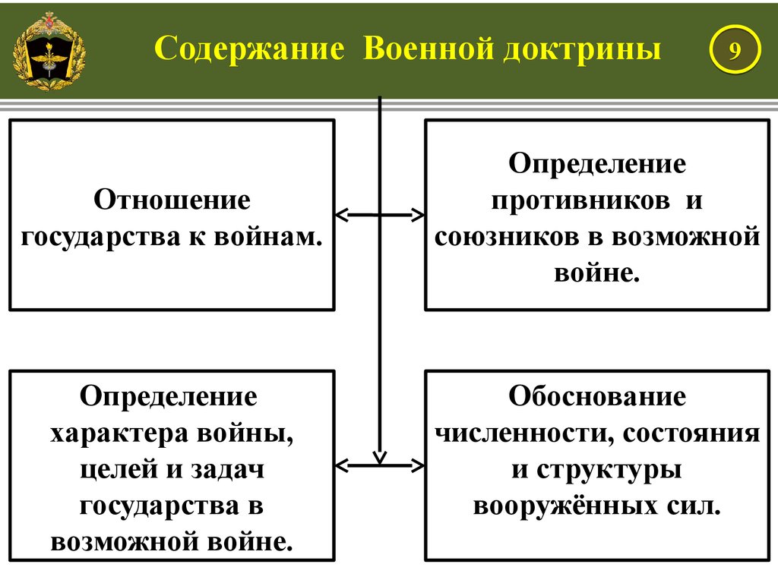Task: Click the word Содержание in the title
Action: (249, 49)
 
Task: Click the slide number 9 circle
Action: (735, 49)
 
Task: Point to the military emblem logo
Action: (49, 51)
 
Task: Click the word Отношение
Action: (172, 200)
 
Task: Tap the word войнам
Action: (268, 237)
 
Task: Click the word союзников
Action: (507, 237)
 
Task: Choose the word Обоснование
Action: (597, 396)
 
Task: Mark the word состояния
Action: (691, 433)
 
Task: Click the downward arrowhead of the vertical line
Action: (380, 457)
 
